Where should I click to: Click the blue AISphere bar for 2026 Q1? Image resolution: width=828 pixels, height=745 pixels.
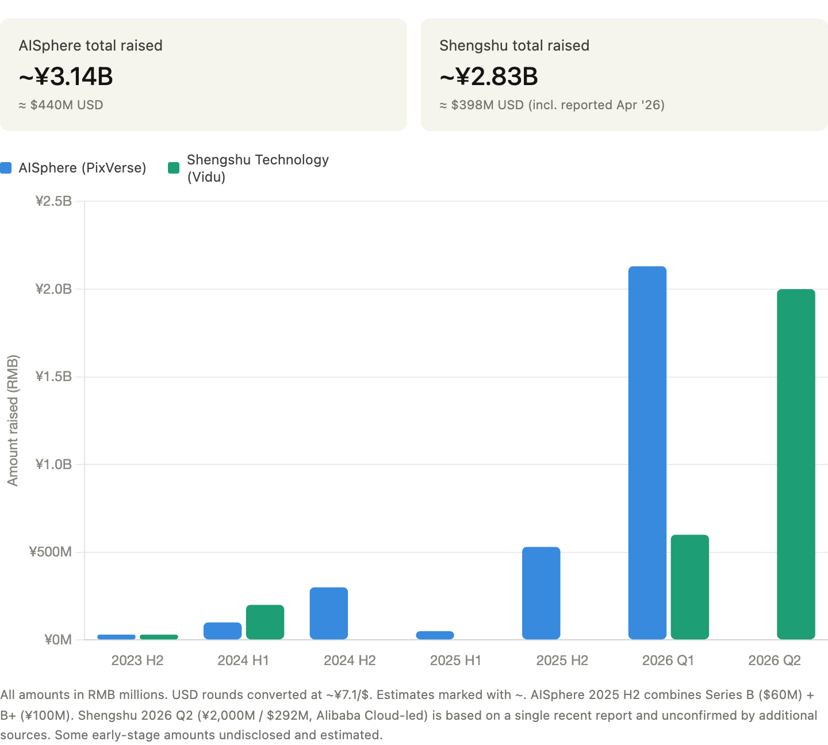tap(647, 453)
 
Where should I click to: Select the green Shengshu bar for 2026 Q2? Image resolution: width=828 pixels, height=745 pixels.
tap(796, 464)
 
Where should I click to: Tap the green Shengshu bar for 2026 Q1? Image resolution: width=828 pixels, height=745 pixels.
tap(690, 587)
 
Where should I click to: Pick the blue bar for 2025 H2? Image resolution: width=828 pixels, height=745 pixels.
tap(541, 593)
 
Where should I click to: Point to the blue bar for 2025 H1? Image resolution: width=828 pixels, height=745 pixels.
tap(435, 635)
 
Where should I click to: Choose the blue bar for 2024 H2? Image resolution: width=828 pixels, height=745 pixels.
tap(329, 613)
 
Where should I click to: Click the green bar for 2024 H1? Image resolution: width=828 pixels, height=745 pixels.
tap(265, 622)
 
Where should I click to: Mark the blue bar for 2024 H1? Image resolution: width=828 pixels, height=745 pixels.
tap(223, 631)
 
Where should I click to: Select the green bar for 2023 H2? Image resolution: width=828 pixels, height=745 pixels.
tap(159, 637)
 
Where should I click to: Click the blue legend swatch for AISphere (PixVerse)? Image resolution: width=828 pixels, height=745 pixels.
tap(6, 168)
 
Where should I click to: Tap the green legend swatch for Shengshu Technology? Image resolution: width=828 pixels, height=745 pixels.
tap(174, 168)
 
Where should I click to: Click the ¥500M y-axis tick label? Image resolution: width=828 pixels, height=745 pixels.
tap(51, 552)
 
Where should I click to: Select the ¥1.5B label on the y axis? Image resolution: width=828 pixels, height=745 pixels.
tap(53, 377)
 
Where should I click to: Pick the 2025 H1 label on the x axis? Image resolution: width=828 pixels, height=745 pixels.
tap(456, 660)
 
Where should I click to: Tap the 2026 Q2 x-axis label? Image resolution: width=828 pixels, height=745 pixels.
tap(775, 660)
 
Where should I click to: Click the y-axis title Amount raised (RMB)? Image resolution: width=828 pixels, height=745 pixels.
tap(13, 421)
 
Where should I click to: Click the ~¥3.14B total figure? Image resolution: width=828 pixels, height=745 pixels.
tap(66, 76)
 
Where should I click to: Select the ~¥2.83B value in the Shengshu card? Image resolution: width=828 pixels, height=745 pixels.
tap(489, 76)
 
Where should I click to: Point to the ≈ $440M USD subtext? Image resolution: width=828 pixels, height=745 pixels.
tap(61, 105)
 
